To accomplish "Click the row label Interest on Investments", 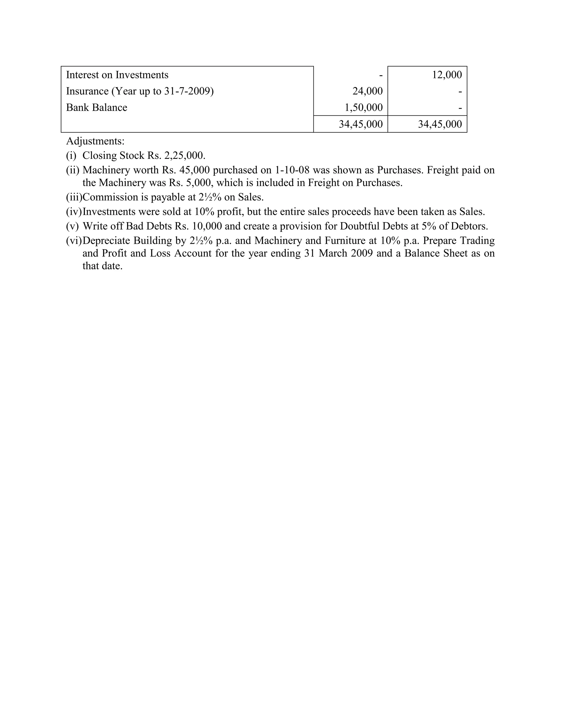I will (x=117, y=75).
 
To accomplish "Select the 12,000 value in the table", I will (x=447, y=75).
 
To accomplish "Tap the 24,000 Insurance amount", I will (x=368, y=91).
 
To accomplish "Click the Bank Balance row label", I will (x=96, y=107).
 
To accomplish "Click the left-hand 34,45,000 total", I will (x=360, y=124).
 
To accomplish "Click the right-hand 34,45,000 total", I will (x=440, y=124).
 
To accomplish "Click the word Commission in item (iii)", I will (x=105, y=197).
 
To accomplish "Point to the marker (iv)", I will (x=74, y=212).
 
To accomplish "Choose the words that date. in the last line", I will (x=102, y=266).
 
